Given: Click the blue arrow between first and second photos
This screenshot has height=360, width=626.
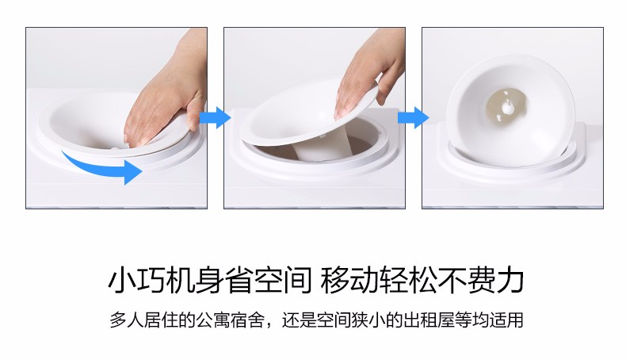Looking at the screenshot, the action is [x=216, y=118].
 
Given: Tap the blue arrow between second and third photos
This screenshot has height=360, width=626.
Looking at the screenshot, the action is [x=413, y=118].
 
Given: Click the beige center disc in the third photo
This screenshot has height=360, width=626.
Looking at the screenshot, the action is [x=506, y=107].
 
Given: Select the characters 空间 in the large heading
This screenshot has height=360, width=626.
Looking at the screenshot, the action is [x=282, y=280].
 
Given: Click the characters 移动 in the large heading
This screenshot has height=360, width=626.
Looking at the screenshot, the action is [x=349, y=280].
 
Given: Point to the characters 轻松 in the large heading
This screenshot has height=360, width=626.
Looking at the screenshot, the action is [x=407, y=280].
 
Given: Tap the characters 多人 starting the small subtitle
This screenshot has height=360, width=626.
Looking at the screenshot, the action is [x=127, y=320].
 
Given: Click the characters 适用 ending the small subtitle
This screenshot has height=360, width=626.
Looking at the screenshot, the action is [x=506, y=320].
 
